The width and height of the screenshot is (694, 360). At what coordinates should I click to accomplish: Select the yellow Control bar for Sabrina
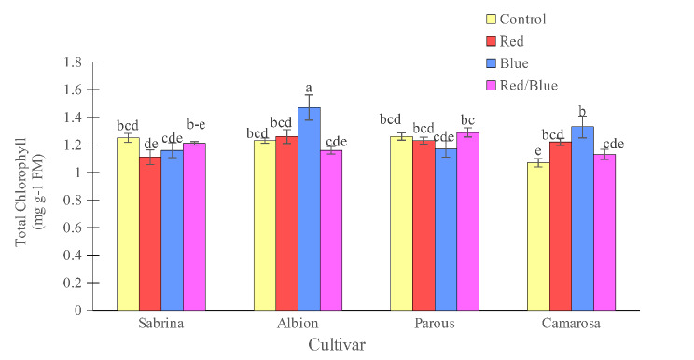click(x=128, y=223)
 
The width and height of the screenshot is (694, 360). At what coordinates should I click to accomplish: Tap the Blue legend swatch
click(x=492, y=64)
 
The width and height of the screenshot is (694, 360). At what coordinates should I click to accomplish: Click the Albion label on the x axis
click(x=298, y=325)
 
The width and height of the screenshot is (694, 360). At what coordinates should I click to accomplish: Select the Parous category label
click(x=435, y=325)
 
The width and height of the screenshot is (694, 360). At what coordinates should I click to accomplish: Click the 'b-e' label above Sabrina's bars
click(x=196, y=123)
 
